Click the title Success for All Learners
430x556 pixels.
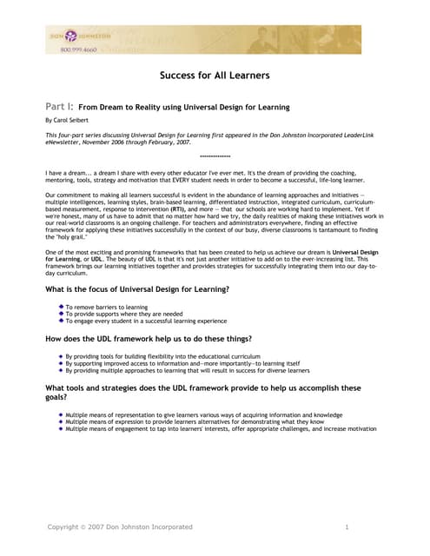215,76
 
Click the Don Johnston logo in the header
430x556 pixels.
79,36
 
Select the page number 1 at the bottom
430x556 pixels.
347,527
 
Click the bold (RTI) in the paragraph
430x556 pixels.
170,209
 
